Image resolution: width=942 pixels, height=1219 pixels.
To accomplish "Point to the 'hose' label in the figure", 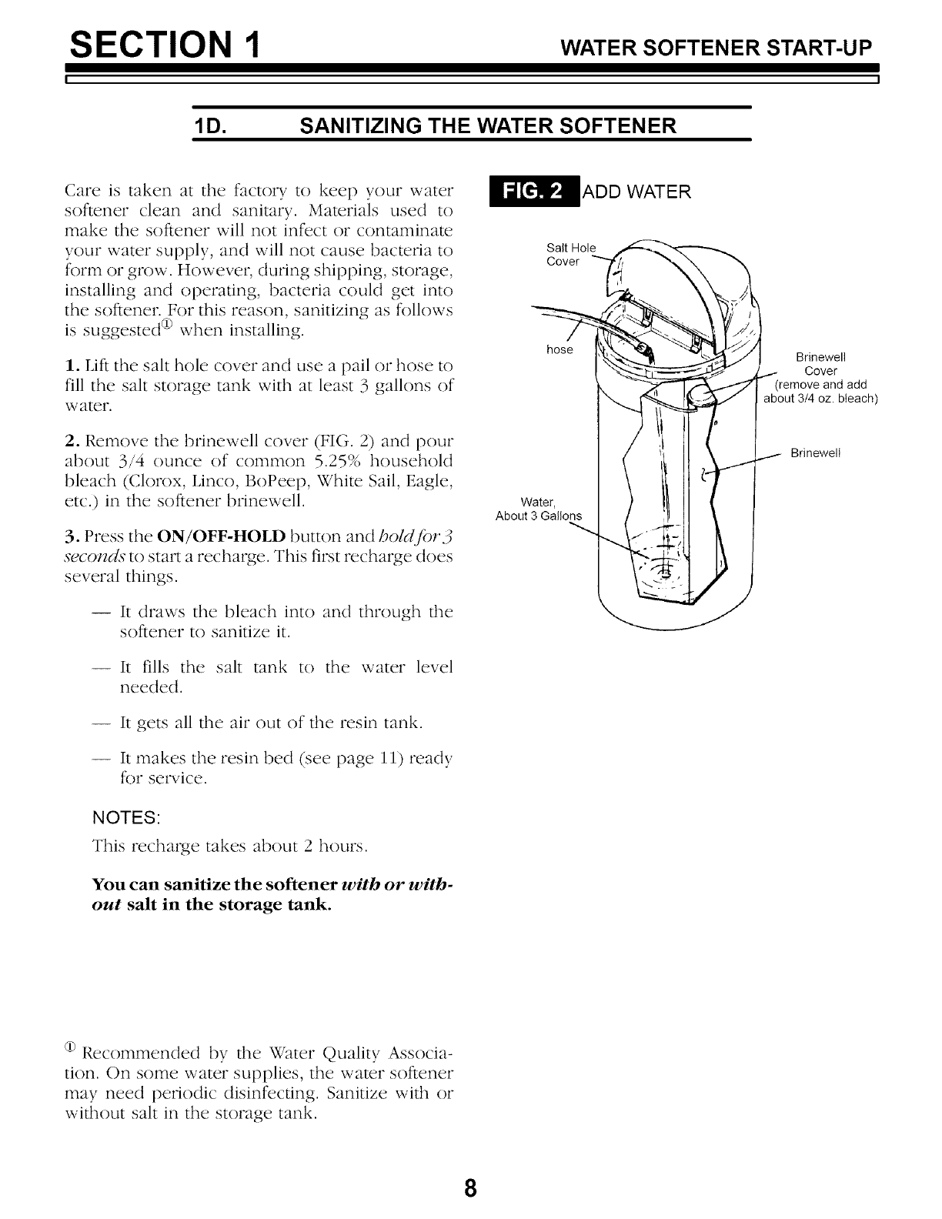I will click(560, 350).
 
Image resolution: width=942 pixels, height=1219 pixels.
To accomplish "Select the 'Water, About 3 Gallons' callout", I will click(539, 509).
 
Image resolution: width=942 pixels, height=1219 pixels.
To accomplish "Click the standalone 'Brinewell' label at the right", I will click(816, 453).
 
